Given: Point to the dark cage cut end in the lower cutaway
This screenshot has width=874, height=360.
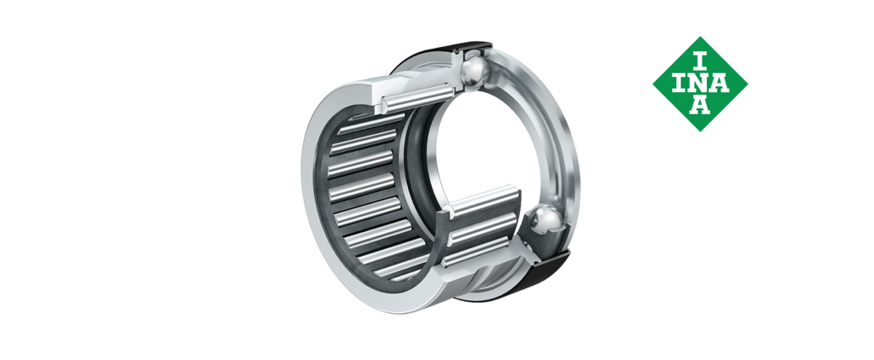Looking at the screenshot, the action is point(442,234).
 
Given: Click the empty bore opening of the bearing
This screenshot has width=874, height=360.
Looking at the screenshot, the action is point(480,145).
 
